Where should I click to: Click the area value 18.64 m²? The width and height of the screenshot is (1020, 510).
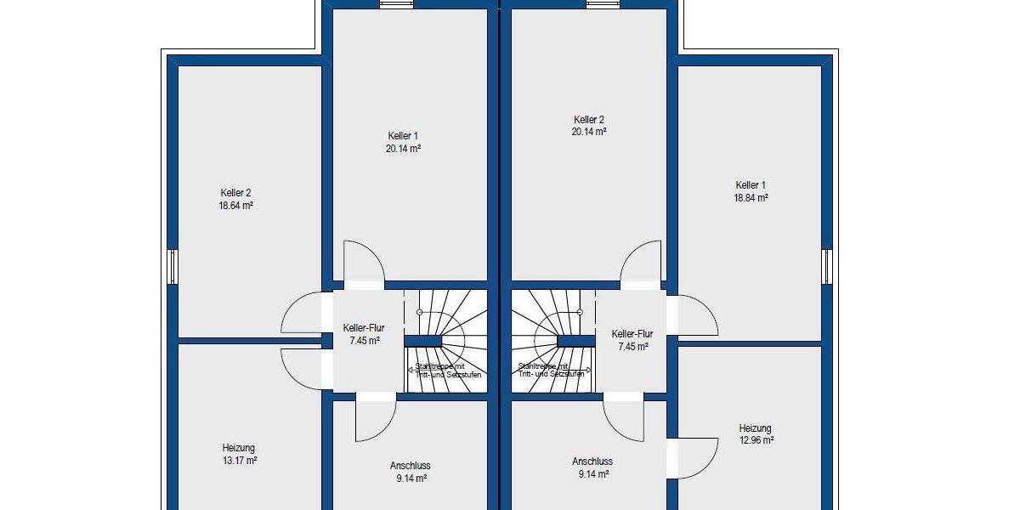coord(235,206)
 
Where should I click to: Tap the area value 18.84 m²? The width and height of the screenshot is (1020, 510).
coord(751,197)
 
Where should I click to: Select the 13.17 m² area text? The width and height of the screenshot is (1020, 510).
coord(240,461)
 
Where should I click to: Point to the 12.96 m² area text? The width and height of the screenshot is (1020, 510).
coord(756,440)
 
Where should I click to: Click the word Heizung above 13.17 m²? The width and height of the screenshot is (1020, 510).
coord(239,448)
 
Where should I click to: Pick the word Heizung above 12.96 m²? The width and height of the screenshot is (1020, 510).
coord(756,428)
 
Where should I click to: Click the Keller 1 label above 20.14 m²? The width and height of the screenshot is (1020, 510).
coord(403,136)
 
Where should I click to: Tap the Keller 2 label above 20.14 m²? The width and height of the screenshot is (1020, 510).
coord(588,120)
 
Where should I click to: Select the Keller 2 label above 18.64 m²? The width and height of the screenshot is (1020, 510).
coord(235,193)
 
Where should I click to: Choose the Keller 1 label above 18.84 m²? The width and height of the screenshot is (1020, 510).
coord(751,184)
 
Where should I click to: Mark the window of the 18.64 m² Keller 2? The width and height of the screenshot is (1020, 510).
coord(172,266)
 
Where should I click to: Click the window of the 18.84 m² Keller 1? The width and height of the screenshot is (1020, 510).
coord(827,266)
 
